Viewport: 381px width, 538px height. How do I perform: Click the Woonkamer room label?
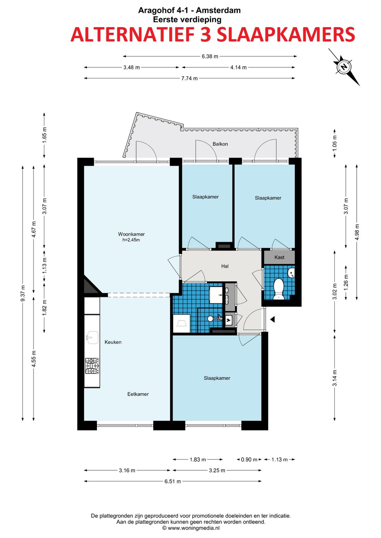[x=131, y=234]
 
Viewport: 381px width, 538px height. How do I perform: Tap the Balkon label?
[x=220, y=144]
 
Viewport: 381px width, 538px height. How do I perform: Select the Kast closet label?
[x=279, y=257]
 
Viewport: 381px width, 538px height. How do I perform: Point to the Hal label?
[x=225, y=266]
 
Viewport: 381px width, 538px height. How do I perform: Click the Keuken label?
[x=113, y=342]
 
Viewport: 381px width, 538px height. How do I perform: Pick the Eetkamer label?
[x=138, y=394]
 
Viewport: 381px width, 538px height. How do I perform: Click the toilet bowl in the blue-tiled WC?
[x=279, y=289]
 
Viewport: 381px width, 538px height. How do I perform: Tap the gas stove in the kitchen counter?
[x=92, y=366]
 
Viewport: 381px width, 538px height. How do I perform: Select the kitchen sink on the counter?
[x=92, y=337]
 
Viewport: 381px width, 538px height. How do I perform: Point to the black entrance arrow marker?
[x=272, y=320]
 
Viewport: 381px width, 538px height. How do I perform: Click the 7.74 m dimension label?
[x=190, y=78]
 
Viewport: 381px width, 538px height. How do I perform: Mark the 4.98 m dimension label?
[x=357, y=232]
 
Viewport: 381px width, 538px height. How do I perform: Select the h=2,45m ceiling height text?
[x=131, y=240]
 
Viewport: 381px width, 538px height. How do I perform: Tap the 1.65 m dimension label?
[x=44, y=135]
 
